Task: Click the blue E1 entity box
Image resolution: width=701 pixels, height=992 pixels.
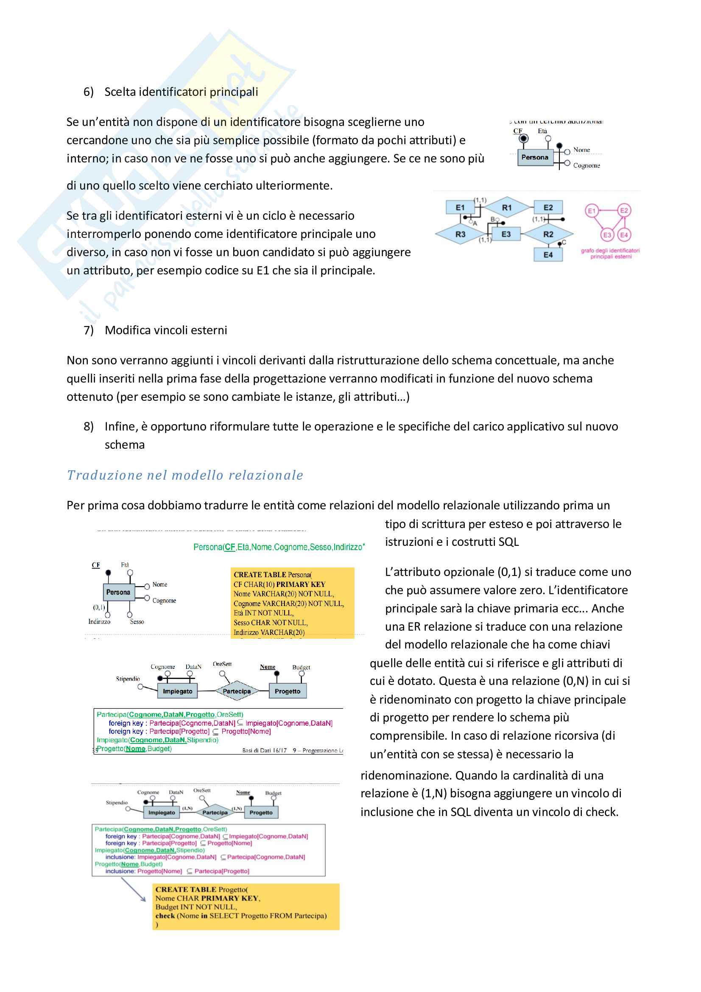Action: pyautogui.click(x=460, y=207)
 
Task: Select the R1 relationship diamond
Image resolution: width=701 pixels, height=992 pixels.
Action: pyautogui.click(x=506, y=207)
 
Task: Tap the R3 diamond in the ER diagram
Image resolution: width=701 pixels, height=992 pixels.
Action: pyautogui.click(x=460, y=234)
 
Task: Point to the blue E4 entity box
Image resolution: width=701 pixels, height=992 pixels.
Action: pyautogui.click(x=547, y=255)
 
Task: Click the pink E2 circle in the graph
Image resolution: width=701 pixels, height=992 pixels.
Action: pyautogui.click(x=624, y=210)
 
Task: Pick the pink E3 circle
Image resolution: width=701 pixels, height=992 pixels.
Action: pyautogui.click(x=607, y=235)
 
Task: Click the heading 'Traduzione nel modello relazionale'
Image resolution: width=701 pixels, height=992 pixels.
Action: pyautogui.click(x=185, y=475)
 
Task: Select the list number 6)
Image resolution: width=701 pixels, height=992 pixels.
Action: pyautogui.click(x=89, y=92)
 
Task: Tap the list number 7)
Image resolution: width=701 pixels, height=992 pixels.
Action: pyautogui.click(x=89, y=330)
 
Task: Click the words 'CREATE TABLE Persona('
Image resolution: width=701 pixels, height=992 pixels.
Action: pyautogui.click(x=273, y=575)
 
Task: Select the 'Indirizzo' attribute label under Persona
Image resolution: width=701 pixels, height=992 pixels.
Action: pyautogui.click(x=99, y=622)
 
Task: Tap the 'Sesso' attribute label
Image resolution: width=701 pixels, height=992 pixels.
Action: pyautogui.click(x=137, y=622)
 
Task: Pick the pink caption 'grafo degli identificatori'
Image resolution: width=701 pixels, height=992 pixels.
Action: pyautogui.click(x=610, y=251)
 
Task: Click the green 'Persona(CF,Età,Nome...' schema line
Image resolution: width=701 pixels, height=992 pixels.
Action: pyautogui.click(x=279, y=547)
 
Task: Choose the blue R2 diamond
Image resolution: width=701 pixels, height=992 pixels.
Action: pyautogui.click(x=547, y=234)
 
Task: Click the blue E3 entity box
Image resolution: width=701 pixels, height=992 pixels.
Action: pyautogui.click(x=506, y=234)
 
